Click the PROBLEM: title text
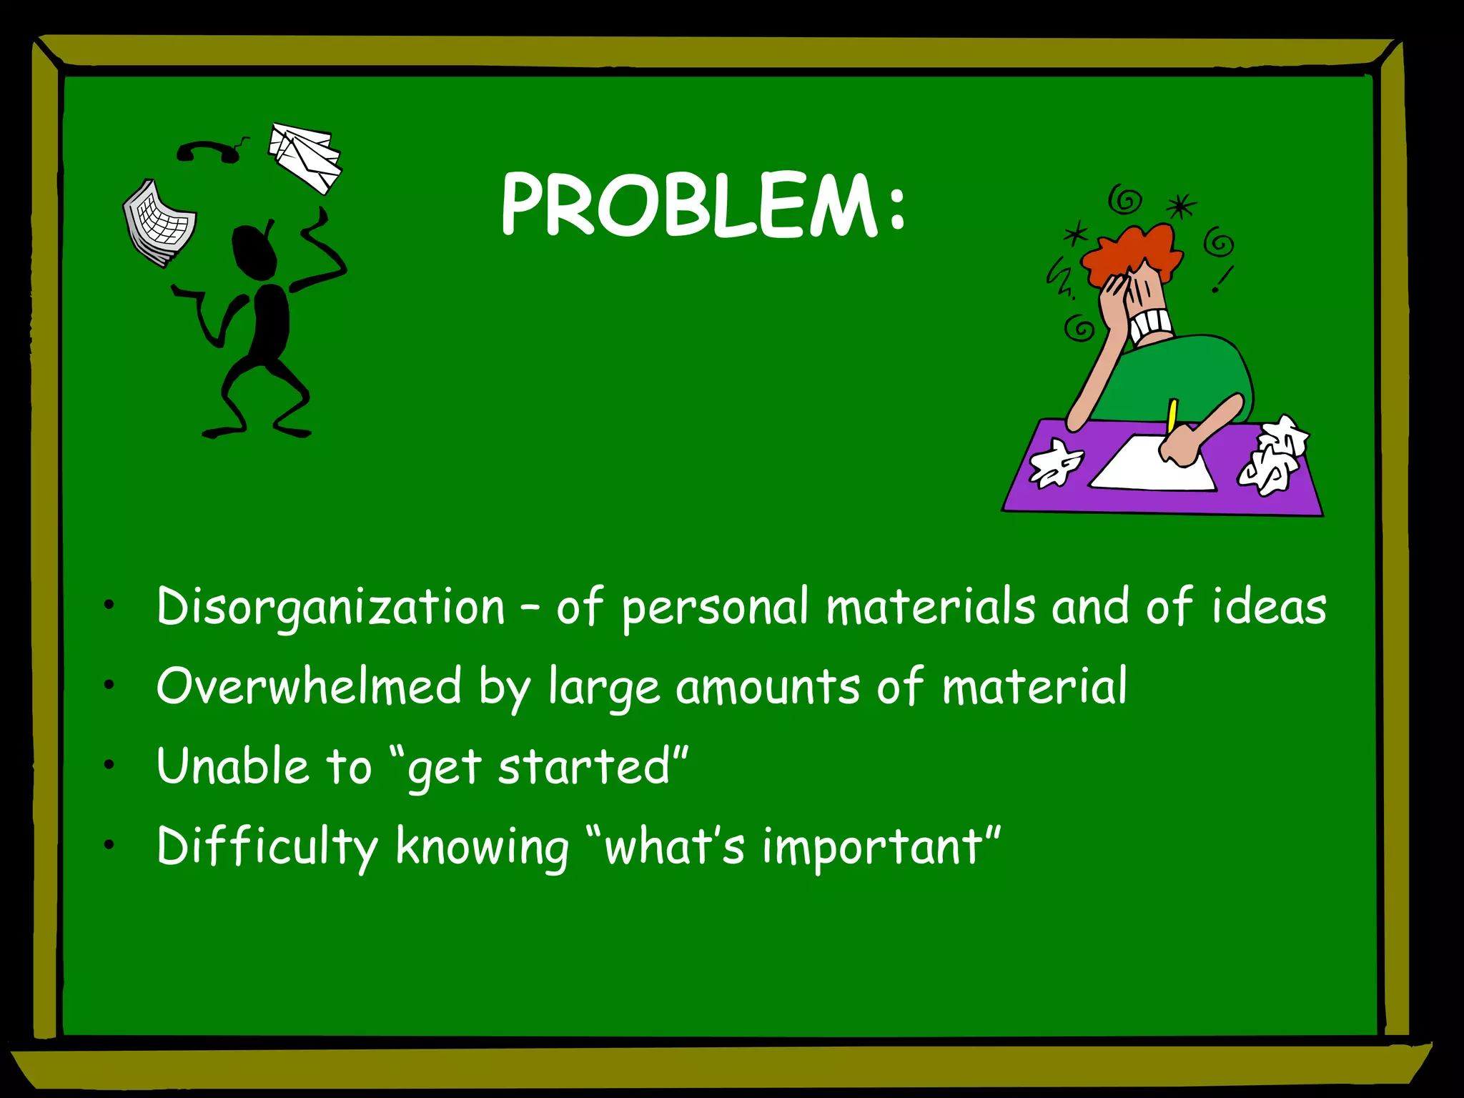(x=704, y=206)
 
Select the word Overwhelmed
(x=309, y=687)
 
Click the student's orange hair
(x=1129, y=250)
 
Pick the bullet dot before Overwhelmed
(x=109, y=686)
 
